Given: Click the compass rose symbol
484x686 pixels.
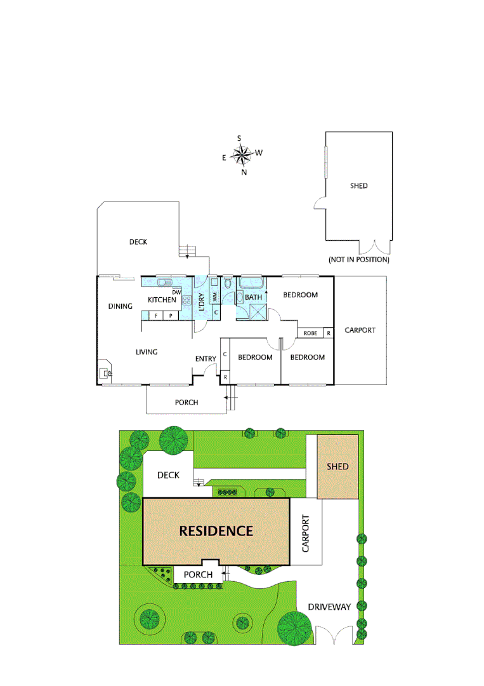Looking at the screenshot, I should [242, 154].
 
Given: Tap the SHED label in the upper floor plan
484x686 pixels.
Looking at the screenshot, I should [359, 186].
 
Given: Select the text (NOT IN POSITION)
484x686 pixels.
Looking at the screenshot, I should [359, 260].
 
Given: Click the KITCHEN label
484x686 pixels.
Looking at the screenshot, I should [162, 300].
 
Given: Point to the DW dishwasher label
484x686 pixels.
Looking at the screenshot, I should [177, 292].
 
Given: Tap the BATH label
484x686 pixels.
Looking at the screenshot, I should [254, 297].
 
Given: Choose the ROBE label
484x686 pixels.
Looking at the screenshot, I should [310, 333].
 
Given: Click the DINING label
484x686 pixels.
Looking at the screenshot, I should [121, 306].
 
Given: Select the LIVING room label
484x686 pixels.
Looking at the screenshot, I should [147, 352].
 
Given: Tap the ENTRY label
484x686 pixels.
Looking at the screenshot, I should [206, 359].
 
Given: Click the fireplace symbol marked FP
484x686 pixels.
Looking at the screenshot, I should [104, 373].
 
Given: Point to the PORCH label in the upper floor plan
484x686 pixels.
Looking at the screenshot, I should [186, 403].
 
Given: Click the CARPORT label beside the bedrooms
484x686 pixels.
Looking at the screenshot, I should [360, 330].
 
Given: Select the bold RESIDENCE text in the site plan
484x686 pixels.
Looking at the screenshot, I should [216, 531].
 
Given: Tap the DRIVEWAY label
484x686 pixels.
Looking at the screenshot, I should [329, 607].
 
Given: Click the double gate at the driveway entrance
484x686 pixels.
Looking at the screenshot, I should [334, 635].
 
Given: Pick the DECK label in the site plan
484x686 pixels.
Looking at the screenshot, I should [168, 475].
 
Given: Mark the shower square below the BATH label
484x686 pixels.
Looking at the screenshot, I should [258, 313].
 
